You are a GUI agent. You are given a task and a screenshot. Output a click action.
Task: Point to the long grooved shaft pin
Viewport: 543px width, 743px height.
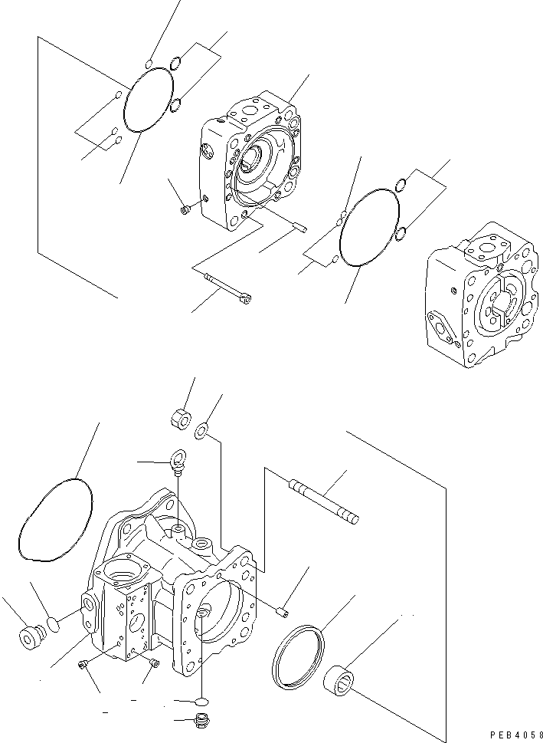322,502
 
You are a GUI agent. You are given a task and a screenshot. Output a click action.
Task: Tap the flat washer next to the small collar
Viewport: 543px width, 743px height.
201,432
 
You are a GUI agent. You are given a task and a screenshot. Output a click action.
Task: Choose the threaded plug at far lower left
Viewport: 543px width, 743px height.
29,636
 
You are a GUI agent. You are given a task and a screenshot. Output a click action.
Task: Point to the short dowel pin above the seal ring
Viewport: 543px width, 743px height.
281,610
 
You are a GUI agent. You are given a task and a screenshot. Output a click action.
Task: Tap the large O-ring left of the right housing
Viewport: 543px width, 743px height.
369,226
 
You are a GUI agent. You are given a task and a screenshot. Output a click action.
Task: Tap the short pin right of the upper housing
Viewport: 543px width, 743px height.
299,225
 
